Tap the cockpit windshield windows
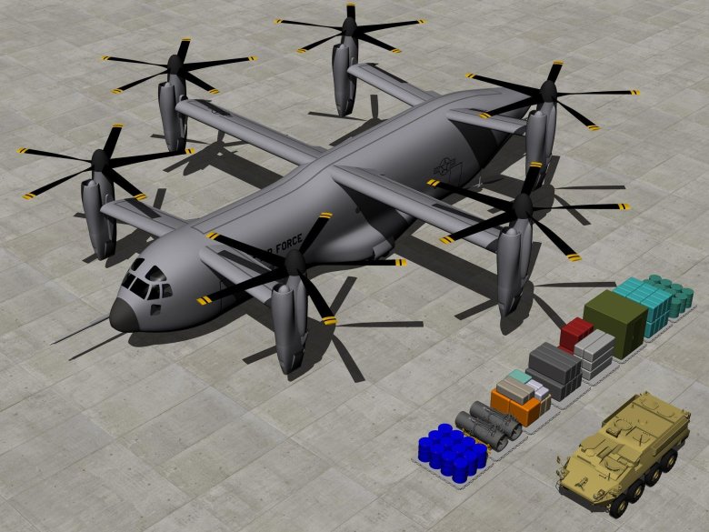(145, 279)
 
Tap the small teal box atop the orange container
(519, 376)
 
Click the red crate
(576, 333)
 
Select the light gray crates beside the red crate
(595, 355)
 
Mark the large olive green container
(615, 322)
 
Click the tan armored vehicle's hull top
(627, 437)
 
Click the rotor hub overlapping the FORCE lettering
(294, 262)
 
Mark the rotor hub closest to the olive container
(522, 207)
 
